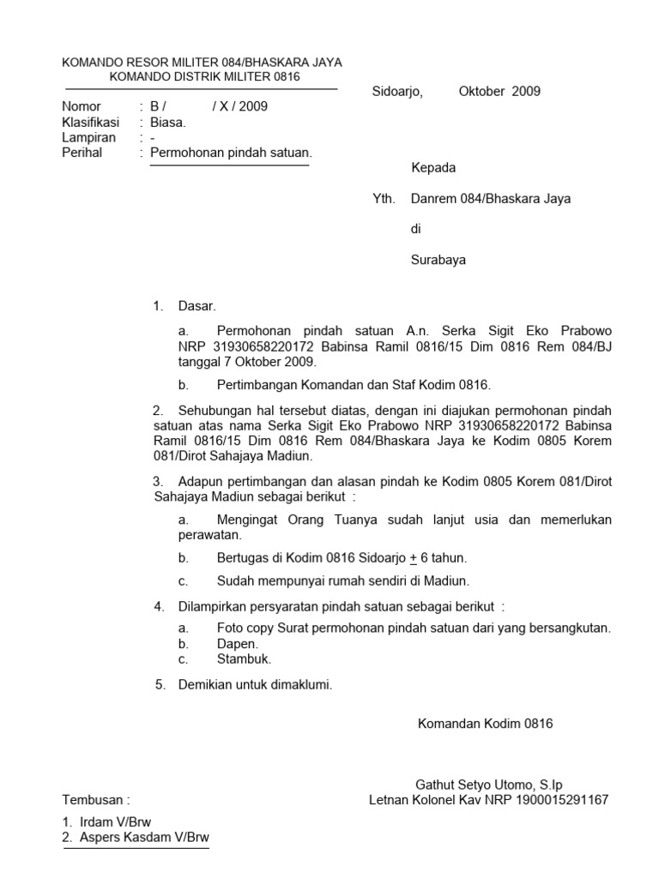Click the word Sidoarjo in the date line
397,92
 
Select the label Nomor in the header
82,107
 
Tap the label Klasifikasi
91,123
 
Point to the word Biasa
168,123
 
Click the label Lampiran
88,138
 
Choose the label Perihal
82,153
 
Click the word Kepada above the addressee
433,168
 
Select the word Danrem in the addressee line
435,199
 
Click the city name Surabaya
438,260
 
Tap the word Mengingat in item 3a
252,520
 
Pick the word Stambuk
244,658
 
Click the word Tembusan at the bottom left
92,800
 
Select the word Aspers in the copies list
100,837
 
